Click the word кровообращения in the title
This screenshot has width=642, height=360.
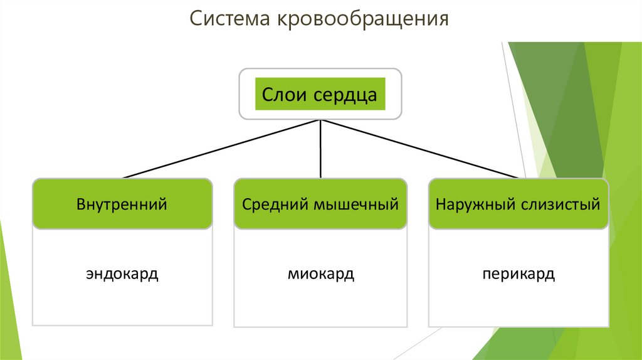click(360, 19)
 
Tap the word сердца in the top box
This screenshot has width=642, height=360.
click(344, 95)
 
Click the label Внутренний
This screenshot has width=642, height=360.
click(122, 204)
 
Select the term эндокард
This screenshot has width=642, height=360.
click(122, 275)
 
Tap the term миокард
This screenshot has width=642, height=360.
click(321, 275)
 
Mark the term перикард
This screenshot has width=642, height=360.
click(518, 275)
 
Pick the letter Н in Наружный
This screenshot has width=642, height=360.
click(441, 204)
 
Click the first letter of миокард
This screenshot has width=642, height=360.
click(293, 275)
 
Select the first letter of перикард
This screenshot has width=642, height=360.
click(487, 275)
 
